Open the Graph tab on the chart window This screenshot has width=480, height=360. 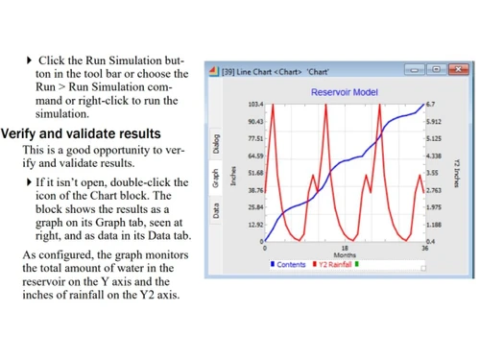point(217,179)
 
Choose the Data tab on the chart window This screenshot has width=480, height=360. point(217,209)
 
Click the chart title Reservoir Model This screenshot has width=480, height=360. point(344,92)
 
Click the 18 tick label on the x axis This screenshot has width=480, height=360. point(344,249)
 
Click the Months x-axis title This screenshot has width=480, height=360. point(344,255)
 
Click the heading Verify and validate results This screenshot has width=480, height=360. point(81,133)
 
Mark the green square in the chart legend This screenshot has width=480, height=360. point(358,264)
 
